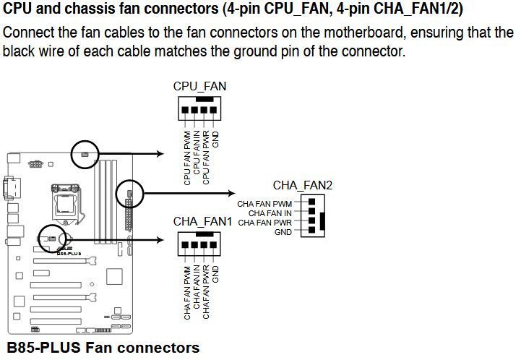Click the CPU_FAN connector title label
(x=199, y=86)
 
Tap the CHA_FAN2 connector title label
(x=303, y=186)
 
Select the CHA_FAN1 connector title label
(x=202, y=221)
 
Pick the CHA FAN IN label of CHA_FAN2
(x=270, y=213)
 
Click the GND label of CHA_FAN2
(x=283, y=232)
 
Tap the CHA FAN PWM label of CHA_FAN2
(x=264, y=204)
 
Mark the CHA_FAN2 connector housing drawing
(x=311, y=215)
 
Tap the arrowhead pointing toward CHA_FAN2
(x=225, y=193)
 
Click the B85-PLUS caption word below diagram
(x=43, y=348)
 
